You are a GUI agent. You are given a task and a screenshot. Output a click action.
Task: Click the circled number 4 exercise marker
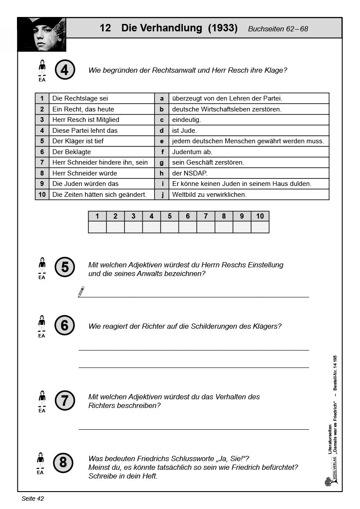click(65, 70)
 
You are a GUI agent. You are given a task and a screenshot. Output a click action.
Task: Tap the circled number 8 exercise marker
click(63, 462)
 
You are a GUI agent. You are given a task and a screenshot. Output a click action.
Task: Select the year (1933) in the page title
click(223, 28)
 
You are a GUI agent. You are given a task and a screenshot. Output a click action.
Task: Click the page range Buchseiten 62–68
click(278, 29)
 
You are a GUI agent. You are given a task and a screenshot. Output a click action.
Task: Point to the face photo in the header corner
click(42, 34)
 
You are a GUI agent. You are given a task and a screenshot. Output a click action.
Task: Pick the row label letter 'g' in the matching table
click(161, 162)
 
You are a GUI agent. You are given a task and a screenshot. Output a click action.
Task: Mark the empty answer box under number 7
click(206, 227)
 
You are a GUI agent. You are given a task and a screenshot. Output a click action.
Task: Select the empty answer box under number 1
click(97, 227)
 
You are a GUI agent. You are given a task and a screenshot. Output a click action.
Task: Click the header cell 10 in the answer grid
click(260, 216)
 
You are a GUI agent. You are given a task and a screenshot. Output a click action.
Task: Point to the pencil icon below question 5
click(81, 292)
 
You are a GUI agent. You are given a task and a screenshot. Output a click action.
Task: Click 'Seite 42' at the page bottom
click(33, 499)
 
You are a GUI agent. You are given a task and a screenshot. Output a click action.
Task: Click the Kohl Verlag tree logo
click(328, 481)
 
